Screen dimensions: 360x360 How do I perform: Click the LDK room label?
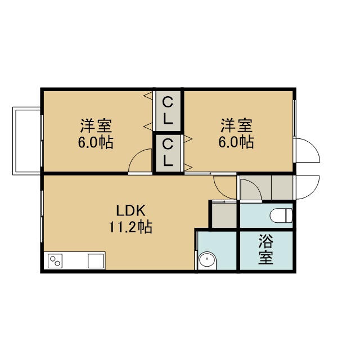[130, 211]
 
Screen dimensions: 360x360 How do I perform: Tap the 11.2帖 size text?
[130, 227]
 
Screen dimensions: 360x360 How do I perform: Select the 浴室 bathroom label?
[266, 249]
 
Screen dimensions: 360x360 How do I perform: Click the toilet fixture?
[281, 215]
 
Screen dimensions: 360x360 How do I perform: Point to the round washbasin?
[207, 261]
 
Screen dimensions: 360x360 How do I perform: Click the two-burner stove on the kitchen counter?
[55, 261]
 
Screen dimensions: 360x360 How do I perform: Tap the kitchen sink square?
[96, 261]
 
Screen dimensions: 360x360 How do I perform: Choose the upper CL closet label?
[168, 110]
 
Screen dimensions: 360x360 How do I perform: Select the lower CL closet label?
[168, 152]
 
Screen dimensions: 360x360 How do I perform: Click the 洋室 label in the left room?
[96, 125]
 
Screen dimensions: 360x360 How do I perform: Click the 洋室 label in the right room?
[236, 125]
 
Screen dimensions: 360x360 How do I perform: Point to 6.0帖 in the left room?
[96, 142]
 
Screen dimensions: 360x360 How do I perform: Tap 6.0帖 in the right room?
[236, 142]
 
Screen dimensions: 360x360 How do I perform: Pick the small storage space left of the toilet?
[224, 215]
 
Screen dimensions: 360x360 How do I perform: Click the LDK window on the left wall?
[42, 216]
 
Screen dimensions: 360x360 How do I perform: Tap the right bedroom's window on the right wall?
[294, 118]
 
